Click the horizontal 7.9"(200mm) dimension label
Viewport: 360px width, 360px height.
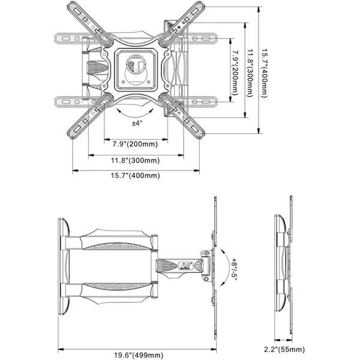[x=135, y=145]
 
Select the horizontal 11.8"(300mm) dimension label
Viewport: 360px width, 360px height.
[x=136, y=160]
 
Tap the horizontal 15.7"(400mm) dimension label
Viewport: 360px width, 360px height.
[x=136, y=176]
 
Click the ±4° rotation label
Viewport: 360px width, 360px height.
[x=137, y=123]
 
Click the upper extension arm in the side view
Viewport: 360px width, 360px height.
[x=111, y=238]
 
